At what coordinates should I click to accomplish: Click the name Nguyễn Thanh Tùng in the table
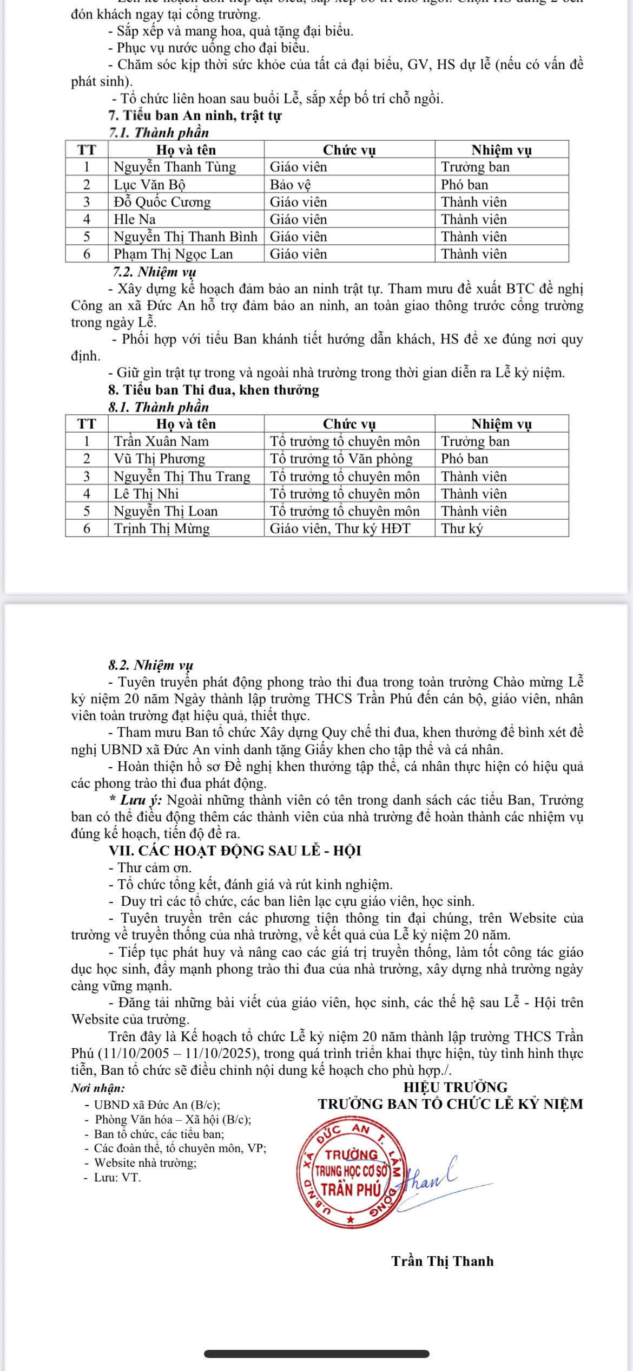coord(175,167)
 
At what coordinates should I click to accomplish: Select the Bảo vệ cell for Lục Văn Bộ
coord(291,185)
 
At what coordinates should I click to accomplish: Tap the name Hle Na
coord(135,219)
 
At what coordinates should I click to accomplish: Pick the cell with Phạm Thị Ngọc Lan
coord(173,254)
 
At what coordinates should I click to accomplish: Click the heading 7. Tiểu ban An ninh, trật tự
coord(195,115)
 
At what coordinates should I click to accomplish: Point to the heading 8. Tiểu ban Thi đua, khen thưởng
coord(213,390)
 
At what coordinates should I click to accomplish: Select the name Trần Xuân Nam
coord(161,441)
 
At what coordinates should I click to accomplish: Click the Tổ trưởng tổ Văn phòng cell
coord(341,459)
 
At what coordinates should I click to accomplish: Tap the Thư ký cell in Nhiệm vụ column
coord(462,528)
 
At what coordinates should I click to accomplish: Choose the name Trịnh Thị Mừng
coord(162,528)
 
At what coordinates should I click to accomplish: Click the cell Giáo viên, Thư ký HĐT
coord(340,528)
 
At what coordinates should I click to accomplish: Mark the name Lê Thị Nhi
coord(146,494)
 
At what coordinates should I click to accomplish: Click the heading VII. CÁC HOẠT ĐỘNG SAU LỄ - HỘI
coord(235,851)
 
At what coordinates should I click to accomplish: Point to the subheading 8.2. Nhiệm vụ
coord(150,665)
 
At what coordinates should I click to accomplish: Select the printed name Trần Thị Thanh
coord(443,1261)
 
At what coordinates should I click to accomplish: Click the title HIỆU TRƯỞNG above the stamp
coord(456,1087)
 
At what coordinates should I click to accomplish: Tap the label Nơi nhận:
coord(98,1088)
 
